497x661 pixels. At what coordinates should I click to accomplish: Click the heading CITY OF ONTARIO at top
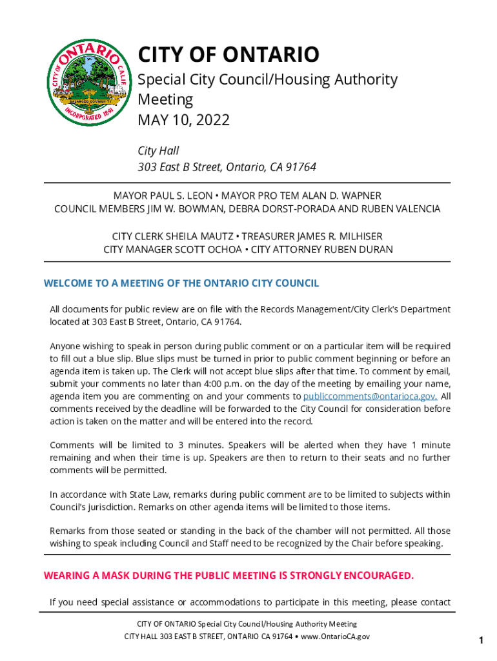228,55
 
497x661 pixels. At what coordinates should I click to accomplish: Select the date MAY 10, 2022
184,120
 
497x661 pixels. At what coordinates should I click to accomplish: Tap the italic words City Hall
158,151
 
